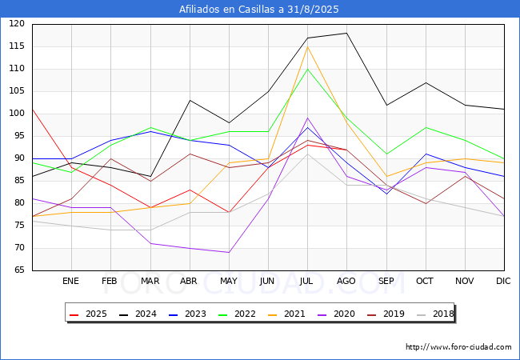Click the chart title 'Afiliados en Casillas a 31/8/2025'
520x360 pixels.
[260, 10]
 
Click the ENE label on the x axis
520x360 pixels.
[71, 281]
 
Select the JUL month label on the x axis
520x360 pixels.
[307, 281]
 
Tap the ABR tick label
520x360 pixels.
[189, 281]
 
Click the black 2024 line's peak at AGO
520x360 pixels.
[346, 33]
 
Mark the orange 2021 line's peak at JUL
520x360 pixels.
[307, 46]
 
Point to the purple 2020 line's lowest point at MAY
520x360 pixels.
[229, 253]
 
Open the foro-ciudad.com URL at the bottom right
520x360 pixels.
[458, 347]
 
